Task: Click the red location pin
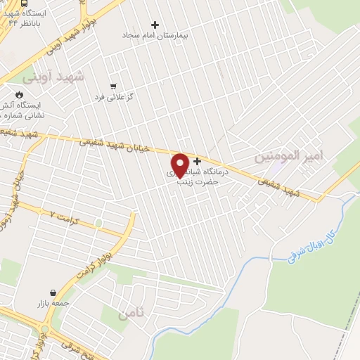click(180, 165)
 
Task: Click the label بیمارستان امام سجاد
click(155, 34)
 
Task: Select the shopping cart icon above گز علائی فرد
click(113, 86)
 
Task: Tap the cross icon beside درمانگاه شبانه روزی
click(197, 161)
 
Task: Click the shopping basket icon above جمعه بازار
click(53, 292)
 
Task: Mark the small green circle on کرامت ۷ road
click(98, 224)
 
